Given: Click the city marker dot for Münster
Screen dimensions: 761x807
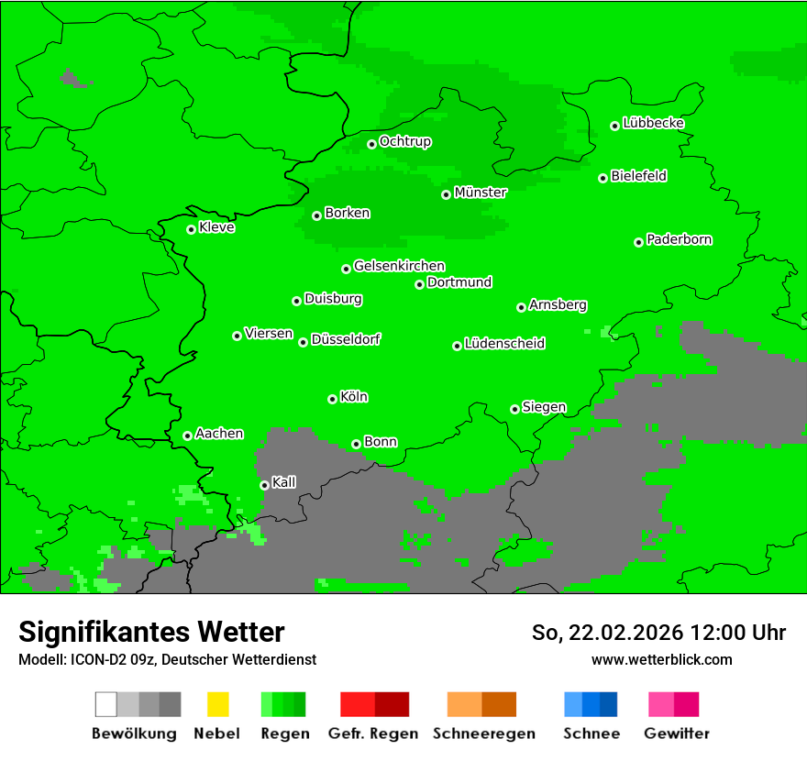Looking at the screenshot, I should pyautogui.click(x=446, y=194).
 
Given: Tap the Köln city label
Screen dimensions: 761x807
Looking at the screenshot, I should pyautogui.click(x=354, y=397).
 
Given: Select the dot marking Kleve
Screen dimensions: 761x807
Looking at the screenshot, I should pyautogui.click(x=191, y=229).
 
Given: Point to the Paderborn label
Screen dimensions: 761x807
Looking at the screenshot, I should pyautogui.click(x=680, y=240).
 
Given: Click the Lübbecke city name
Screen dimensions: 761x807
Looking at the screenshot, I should pyautogui.click(x=654, y=123).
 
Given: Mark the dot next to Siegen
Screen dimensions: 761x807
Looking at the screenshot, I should pyautogui.click(x=514, y=409).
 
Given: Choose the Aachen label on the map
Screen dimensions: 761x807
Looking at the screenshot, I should pyautogui.click(x=219, y=434).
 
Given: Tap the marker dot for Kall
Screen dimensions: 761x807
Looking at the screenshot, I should pyautogui.click(x=264, y=485).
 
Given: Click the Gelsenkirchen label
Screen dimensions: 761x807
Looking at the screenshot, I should pyautogui.click(x=400, y=266).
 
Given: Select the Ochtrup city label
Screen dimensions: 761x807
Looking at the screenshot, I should pyautogui.click(x=405, y=142).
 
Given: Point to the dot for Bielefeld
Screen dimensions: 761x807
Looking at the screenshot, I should pyautogui.click(x=602, y=178).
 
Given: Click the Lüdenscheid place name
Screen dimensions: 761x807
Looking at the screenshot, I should pyautogui.click(x=505, y=344).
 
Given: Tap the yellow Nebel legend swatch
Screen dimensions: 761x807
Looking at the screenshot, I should pyautogui.click(x=217, y=704).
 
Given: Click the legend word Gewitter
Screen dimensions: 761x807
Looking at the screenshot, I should pyautogui.click(x=677, y=733).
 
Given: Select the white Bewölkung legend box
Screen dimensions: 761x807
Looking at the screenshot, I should pyautogui.click(x=106, y=704).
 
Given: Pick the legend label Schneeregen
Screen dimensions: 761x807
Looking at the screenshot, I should pyautogui.click(x=484, y=733).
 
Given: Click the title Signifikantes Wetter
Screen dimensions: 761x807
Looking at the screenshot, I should pyautogui.click(x=151, y=632).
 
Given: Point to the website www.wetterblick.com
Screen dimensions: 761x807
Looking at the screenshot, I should pyautogui.click(x=661, y=659).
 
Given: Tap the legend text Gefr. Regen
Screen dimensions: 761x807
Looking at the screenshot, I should pyautogui.click(x=373, y=733).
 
